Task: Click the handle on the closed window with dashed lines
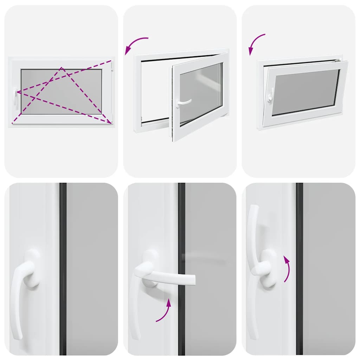click(15, 96)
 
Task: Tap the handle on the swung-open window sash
click(183, 102)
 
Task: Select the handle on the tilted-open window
click(270, 95)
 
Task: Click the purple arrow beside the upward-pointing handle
click(287, 269)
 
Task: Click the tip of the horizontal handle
click(192, 279)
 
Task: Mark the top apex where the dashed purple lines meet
click(62, 68)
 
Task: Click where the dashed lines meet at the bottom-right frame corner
click(111, 123)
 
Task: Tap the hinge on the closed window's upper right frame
click(111, 65)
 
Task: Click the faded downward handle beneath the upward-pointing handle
click(253, 309)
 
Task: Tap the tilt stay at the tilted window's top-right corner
click(338, 60)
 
